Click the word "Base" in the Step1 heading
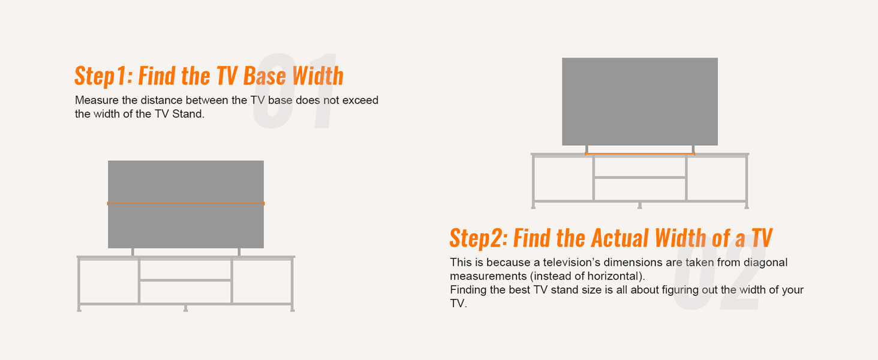(265, 77)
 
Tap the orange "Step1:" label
(103, 77)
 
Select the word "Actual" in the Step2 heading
(620, 238)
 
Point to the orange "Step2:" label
(479, 238)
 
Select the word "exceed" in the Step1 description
(360, 100)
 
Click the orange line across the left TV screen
(186, 203)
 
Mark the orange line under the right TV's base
(640, 154)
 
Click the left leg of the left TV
(133, 252)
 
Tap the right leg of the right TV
(693, 149)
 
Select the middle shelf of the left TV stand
(186, 280)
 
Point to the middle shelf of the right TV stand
(640, 178)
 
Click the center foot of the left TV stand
(185, 308)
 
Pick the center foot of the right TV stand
(640, 206)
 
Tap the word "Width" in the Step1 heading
(318, 77)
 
